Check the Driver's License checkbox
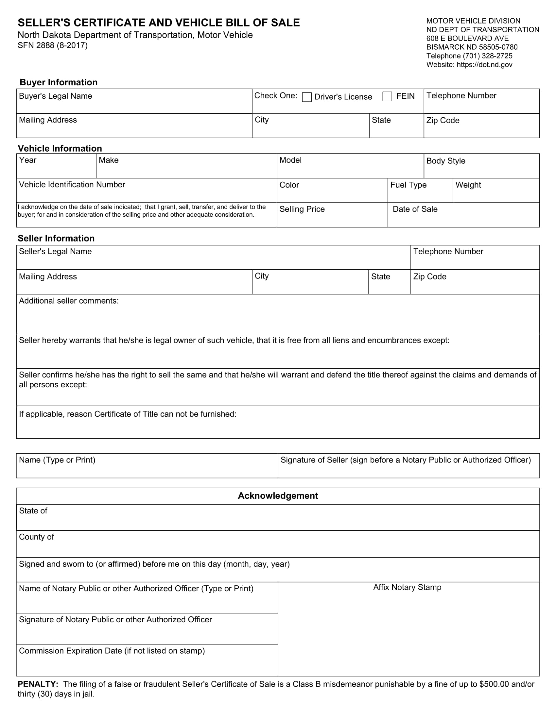coord(307,97)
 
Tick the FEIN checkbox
coord(387,96)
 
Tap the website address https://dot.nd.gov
coord(484,64)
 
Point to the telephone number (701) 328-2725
coord(488,56)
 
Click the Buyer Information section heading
coord(59,82)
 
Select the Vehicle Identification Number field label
coord(72,185)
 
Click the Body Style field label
coord(446,161)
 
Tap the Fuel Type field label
coord(408,185)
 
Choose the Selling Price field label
coord(302,209)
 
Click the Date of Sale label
coord(415,209)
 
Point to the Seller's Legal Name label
coord(55,252)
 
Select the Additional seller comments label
coord(68,301)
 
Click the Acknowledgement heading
coord(278,496)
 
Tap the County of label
coord(36,537)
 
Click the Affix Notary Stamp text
coord(407,587)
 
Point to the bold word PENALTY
coord(38,684)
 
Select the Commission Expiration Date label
coord(112,651)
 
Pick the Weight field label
coord(468,185)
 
